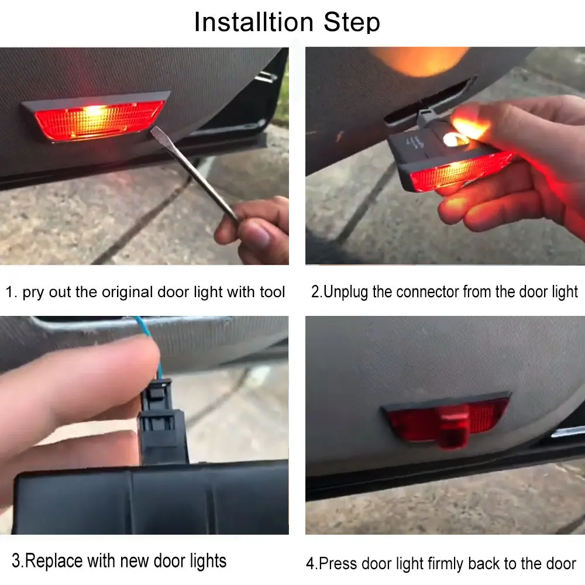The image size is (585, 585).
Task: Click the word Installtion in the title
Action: [x=254, y=22]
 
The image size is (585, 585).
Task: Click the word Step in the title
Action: [x=352, y=22]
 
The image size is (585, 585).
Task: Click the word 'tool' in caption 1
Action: [x=273, y=292]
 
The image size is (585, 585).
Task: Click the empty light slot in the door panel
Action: [x=429, y=100]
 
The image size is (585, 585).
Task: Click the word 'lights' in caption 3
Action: [x=208, y=562]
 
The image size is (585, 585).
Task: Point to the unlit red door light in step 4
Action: [x=446, y=419]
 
